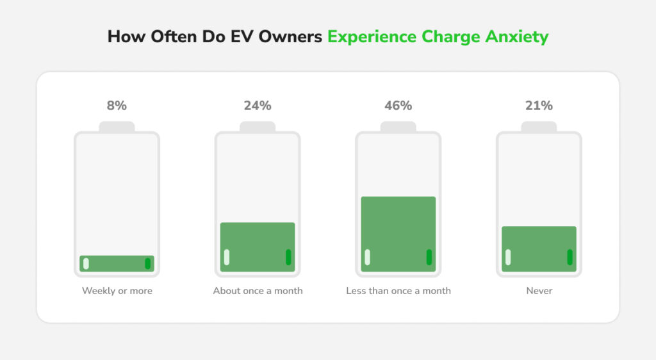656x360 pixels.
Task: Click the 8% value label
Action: pyautogui.click(x=117, y=106)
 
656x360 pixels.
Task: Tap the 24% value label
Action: pyautogui.click(x=257, y=106)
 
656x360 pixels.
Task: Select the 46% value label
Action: pyautogui.click(x=398, y=106)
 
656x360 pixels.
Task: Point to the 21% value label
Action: pyautogui.click(x=539, y=106)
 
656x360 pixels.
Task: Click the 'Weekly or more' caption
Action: pyautogui.click(x=117, y=291)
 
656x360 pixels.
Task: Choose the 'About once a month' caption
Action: pyautogui.click(x=258, y=291)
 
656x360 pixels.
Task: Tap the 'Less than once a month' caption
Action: pyautogui.click(x=398, y=291)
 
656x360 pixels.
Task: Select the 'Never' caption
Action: pyautogui.click(x=539, y=291)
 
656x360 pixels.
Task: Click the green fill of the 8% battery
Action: pyautogui.click(x=117, y=263)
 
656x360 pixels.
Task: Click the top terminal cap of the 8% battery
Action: pyautogui.click(x=117, y=127)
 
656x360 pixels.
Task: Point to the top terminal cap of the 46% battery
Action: pyautogui.click(x=398, y=127)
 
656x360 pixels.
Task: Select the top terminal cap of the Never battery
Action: pyautogui.click(x=539, y=127)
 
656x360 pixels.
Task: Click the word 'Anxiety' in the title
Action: pyautogui.click(x=516, y=37)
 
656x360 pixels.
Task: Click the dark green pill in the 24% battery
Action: pyautogui.click(x=288, y=257)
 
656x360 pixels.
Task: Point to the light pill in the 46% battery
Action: pyautogui.click(x=367, y=257)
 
